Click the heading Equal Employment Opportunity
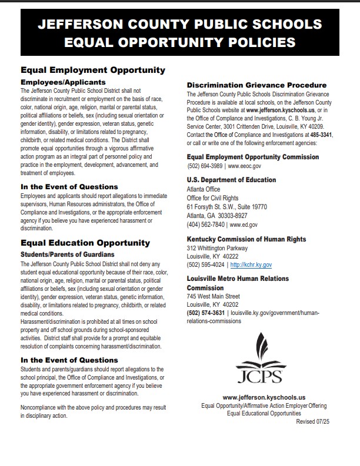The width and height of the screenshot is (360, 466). pos(93,70)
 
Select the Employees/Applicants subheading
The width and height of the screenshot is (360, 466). pos(63,82)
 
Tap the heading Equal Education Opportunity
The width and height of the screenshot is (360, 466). pos(85,242)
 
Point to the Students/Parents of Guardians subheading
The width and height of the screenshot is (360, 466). pos(67,254)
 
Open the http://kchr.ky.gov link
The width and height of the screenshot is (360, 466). pos(251,264)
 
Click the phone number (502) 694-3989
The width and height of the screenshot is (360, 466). pos(206,166)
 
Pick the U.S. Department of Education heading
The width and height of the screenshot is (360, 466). pos(231,180)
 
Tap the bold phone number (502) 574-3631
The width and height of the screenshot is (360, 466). pos(206,313)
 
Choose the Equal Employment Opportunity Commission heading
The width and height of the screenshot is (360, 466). pos(253,157)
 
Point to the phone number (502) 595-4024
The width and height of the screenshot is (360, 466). pos(206,264)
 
